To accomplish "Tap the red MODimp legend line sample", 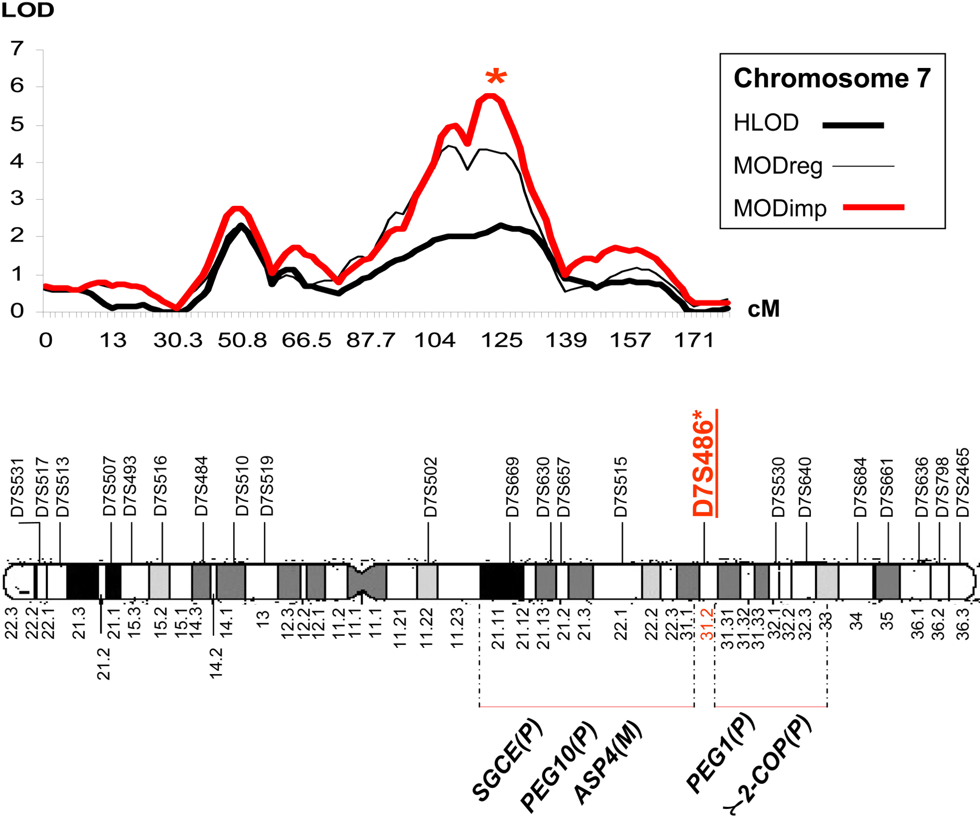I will coord(873,207).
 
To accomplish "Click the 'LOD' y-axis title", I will coord(28,10).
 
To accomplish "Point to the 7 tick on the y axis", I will coord(17,49).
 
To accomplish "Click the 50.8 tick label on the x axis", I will coord(242,340).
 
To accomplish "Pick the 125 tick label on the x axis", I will coord(502,340).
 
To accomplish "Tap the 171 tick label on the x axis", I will coord(694,340).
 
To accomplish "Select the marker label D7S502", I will coord(430,487).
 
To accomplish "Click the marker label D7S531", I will coord(17,488).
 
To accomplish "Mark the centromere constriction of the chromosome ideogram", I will coord(362,581).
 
